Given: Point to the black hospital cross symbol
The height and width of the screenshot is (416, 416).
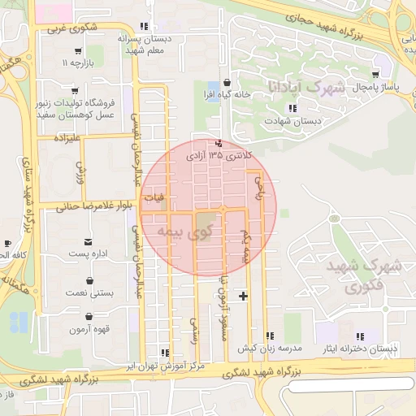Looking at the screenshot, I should pyautogui.click(x=242, y=295).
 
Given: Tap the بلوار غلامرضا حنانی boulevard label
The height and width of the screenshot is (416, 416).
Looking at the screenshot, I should pyautogui.click(x=93, y=206).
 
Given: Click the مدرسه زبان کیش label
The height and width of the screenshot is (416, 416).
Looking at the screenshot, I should pyautogui.click(x=269, y=348).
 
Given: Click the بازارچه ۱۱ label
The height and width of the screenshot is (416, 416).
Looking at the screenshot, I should pyautogui.click(x=80, y=62).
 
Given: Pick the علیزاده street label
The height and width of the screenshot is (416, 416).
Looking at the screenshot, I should pyautogui.click(x=68, y=138).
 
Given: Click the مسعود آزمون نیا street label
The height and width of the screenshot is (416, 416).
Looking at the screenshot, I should pyautogui.click(x=223, y=316).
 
